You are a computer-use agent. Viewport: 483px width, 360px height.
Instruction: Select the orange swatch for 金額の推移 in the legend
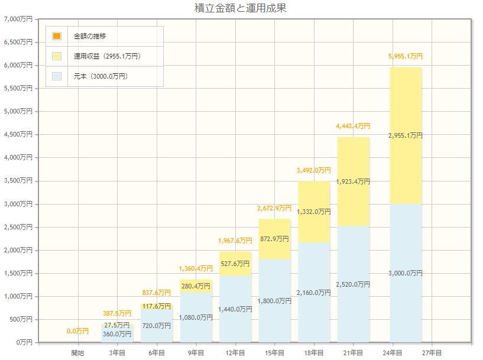click(x=57, y=36)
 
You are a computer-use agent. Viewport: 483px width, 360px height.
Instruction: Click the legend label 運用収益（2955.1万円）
click(x=107, y=56)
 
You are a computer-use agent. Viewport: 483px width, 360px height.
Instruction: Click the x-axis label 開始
click(x=77, y=353)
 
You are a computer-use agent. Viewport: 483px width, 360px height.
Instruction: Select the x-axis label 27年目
click(x=432, y=353)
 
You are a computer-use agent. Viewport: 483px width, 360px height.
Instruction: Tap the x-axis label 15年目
click(x=274, y=353)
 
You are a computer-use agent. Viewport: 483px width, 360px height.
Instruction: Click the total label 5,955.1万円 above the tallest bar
click(x=406, y=56)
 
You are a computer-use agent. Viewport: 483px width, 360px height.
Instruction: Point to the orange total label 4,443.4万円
click(x=353, y=126)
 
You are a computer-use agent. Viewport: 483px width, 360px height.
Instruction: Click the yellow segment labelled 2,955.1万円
click(x=406, y=135)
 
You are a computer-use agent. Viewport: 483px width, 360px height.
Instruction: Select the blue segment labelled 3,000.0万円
click(x=406, y=273)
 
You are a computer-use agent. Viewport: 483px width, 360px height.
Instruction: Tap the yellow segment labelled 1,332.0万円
click(x=314, y=211)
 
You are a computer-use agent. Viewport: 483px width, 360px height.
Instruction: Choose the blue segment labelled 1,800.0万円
click(x=274, y=301)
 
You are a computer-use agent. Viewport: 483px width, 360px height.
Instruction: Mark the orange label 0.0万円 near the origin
click(x=77, y=331)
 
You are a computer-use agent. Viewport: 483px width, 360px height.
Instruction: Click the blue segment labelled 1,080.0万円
click(x=196, y=317)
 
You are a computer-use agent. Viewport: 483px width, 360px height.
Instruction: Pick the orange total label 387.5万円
click(x=116, y=313)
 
